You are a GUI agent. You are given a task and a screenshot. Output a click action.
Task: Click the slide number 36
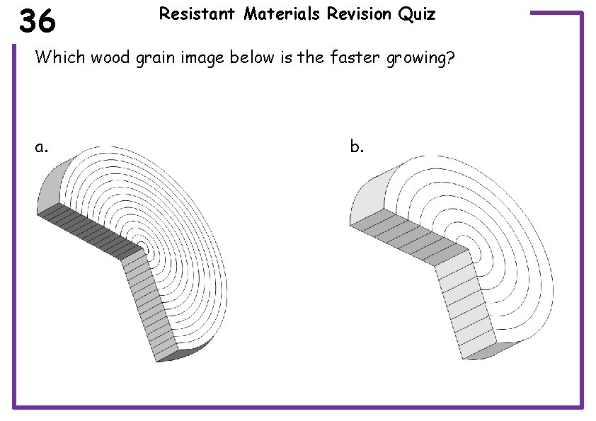pyautogui.click(x=38, y=22)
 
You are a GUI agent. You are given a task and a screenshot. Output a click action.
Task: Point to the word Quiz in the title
pyautogui.click(x=418, y=14)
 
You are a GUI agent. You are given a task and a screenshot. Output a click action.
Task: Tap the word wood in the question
pyautogui.click(x=108, y=57)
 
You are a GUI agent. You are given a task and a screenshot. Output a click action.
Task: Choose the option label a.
pyautogui.click(x=42, y=147)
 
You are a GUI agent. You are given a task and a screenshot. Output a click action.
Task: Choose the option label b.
pyautogui.click(x=357, y=146)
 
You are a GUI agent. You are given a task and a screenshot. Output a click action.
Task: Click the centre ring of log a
pyautogui.click(x=144, y=247)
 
